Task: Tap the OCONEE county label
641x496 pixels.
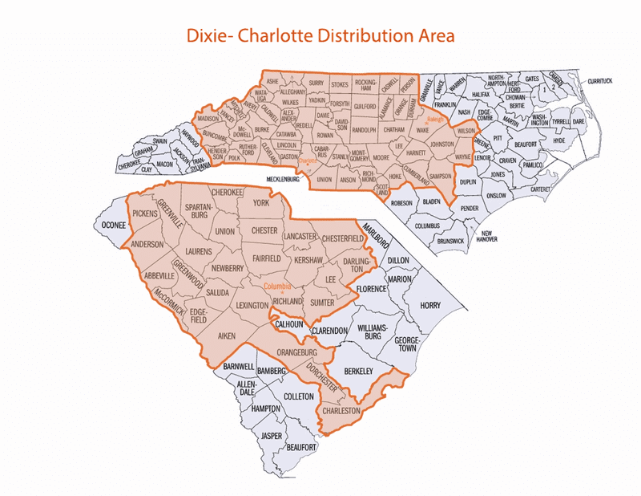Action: [112, 226]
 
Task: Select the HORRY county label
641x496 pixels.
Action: [430, 306]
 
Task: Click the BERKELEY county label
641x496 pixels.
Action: [358, 371]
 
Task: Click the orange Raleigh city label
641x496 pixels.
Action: [423, 120]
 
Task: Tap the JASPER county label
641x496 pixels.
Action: [272, 436]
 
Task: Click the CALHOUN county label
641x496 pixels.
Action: [288, 324]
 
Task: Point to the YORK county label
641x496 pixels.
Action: [262, 204]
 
